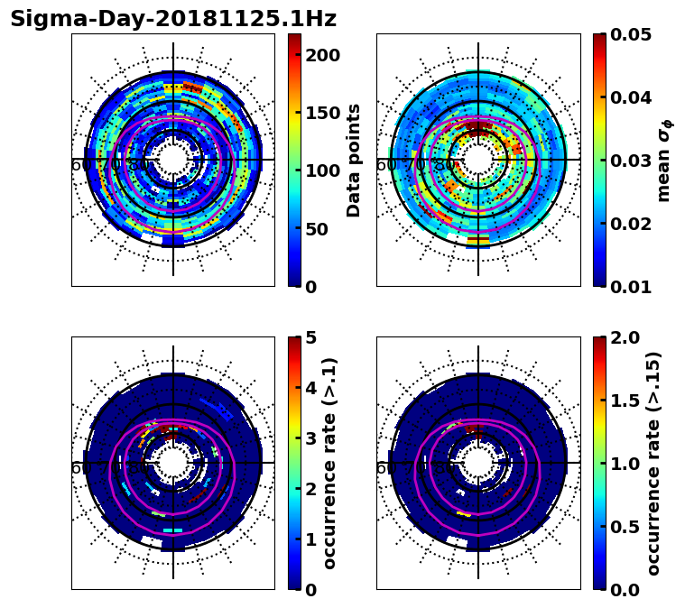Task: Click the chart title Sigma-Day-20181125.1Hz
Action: click(x=173, y=19)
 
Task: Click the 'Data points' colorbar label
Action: click(x=354, y=161)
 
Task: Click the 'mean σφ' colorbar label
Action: click(x=664, y=161)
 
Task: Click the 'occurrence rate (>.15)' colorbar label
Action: click(x=653, y=464)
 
